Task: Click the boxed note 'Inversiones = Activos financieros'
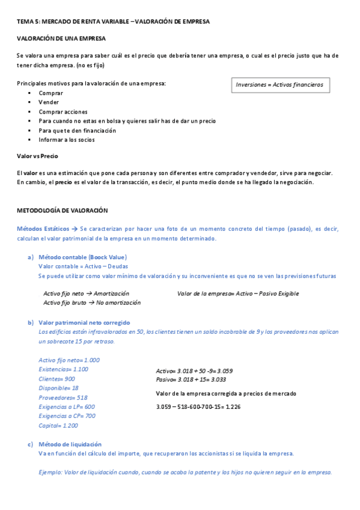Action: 279,85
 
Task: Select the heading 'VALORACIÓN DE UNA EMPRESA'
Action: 61,38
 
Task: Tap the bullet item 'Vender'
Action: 49,102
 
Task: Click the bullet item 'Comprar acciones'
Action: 63,112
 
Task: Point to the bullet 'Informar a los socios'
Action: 66,140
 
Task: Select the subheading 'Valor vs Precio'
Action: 37,156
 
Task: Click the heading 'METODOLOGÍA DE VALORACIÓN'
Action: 62,210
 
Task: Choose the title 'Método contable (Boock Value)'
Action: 82,257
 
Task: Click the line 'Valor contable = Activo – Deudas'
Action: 83,266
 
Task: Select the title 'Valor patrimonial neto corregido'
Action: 84,322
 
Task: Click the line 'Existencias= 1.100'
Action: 63,369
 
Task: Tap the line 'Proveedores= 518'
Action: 63,398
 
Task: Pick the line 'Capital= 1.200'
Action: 58,426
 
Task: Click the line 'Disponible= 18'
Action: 58,388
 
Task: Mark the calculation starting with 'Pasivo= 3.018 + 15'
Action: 191,379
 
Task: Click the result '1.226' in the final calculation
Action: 233,407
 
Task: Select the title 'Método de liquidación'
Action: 70,444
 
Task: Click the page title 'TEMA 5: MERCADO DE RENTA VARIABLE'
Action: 72,21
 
